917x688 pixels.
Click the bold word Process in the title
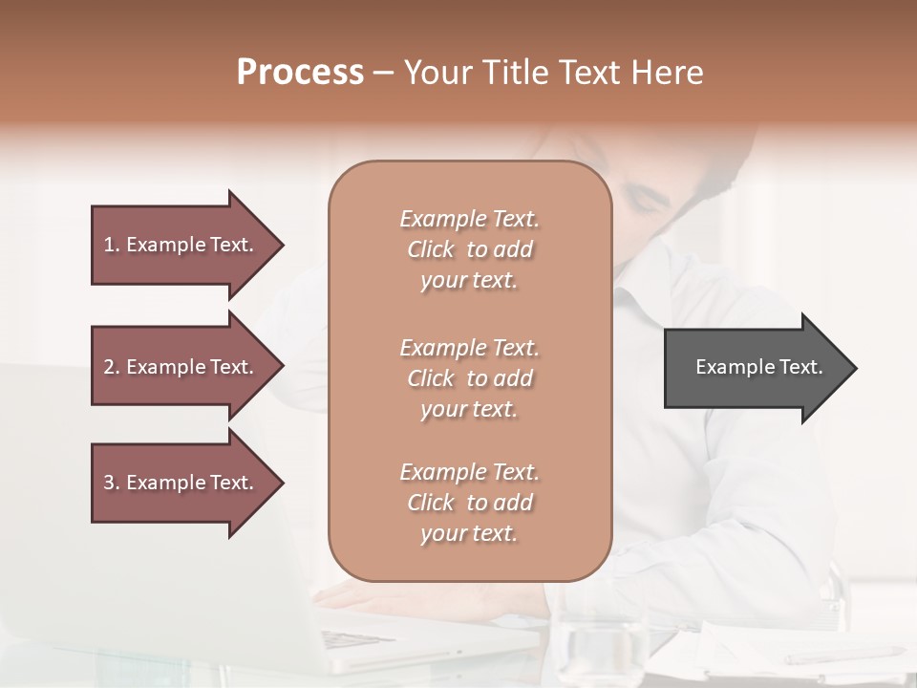300,73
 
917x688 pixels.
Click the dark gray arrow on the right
755,368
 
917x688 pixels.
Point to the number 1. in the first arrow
111,245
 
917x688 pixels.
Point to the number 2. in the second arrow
111,367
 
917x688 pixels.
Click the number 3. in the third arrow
111,483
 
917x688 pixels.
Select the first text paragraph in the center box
469,249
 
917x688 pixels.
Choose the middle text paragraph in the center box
469,378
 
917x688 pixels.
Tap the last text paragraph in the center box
469,503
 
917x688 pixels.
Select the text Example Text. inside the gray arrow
758,367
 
